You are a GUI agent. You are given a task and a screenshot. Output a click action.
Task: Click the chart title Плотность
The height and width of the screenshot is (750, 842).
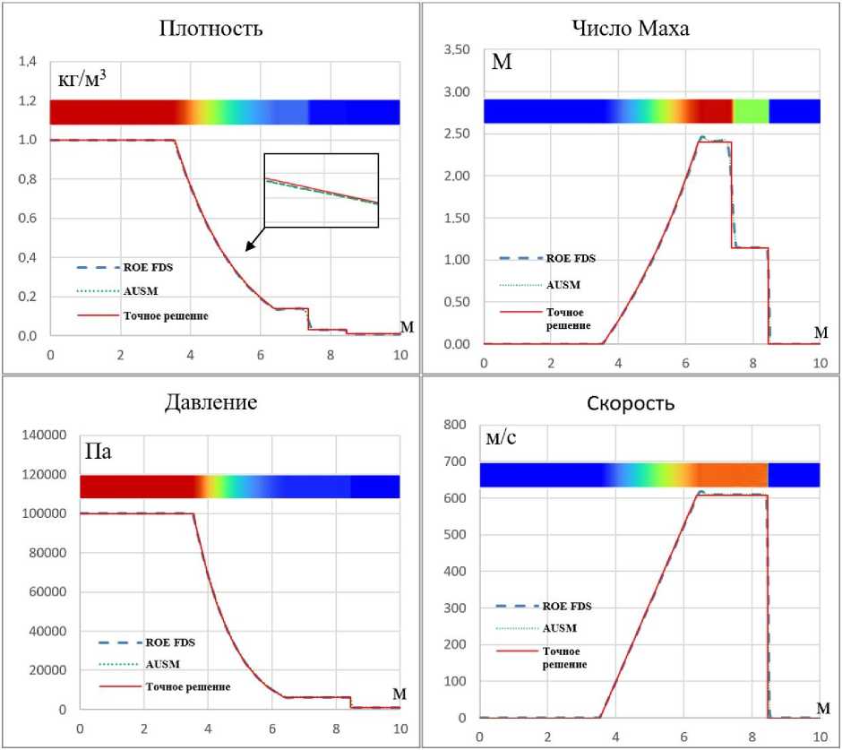coord(210,28)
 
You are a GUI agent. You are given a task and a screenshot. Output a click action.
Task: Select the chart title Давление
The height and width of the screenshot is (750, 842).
coord(210,401)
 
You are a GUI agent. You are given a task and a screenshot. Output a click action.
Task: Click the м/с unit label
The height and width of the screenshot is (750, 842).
coord(502,439)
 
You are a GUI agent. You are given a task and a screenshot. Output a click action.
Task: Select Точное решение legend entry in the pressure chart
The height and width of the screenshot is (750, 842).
coord(187,686)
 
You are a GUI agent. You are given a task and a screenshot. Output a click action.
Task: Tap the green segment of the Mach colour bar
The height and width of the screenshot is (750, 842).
coord(752,111)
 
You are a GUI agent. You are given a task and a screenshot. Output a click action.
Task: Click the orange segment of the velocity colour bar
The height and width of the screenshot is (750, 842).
coord(733,474)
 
